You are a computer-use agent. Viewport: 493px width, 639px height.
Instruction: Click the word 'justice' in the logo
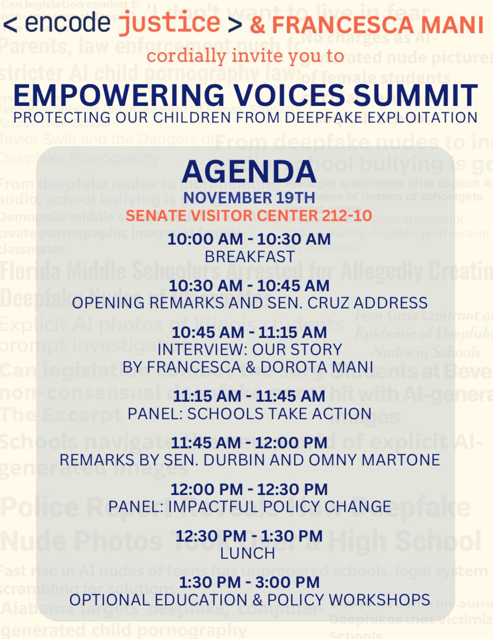(x=169, y=24)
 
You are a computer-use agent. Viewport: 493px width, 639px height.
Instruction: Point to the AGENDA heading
(x=248, y=171)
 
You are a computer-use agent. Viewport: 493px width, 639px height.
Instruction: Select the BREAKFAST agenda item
(x=249, y=256)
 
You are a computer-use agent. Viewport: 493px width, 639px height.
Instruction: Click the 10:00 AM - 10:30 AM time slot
(x=248, y=240)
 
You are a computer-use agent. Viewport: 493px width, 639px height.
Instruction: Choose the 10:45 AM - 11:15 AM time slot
(x=248, y=333)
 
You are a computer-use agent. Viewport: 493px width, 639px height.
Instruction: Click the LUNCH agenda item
(x=247, y=553)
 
